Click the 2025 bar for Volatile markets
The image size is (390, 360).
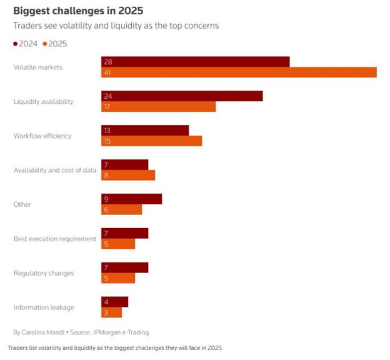(239, 72)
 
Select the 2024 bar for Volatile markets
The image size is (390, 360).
(195, 62)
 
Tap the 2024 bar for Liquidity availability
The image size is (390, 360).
(182, 96)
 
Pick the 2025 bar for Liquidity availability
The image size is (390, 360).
(158, 107)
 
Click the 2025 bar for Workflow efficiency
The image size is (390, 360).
(151, 141)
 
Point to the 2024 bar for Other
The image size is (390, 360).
(131, 199)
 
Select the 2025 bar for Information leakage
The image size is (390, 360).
(111, 312)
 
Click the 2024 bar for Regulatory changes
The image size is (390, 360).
(124, 267)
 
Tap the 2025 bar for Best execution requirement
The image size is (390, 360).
(118, 244)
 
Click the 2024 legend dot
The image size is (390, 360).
(16, 44)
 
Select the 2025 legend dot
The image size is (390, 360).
(45, 44)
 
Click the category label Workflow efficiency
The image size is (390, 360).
(42, 136)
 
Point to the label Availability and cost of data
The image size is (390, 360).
(55, 170)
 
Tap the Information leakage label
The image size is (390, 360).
(44, 307)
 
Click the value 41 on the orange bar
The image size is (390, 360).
(107, 72)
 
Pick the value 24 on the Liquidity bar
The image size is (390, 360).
(107, 96)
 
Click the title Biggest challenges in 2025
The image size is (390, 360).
(75, 11)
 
